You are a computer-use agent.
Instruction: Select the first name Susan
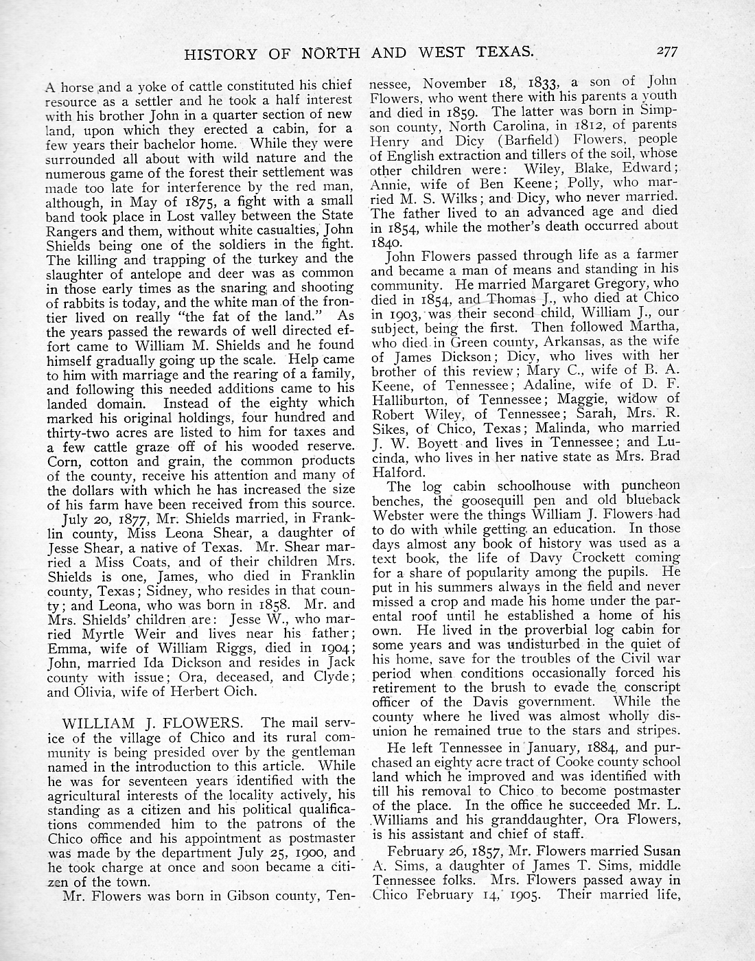(655, 851)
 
